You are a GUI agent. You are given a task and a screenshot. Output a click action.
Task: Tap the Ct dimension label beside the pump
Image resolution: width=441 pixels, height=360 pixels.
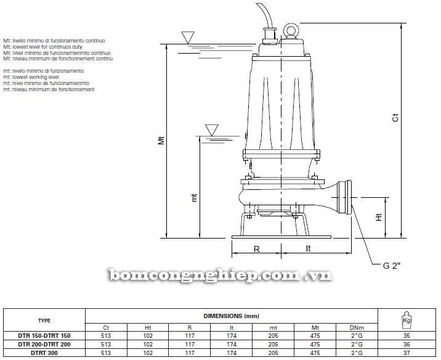395,117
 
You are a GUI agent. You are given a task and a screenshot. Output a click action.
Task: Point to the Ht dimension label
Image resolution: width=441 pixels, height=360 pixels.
379,217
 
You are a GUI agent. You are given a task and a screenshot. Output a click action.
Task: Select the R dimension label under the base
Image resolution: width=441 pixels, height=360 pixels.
256,249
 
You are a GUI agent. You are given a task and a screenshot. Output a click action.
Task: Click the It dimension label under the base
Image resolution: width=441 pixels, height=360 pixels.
308,248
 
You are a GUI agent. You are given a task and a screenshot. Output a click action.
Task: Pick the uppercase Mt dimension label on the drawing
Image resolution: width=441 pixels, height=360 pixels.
161,140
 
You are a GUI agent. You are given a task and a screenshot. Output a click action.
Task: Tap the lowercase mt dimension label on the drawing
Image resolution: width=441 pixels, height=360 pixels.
194,198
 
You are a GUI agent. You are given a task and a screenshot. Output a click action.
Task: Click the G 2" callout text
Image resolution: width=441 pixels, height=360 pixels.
391,266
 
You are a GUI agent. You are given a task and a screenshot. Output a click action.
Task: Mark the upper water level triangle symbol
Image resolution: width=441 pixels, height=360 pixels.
188,38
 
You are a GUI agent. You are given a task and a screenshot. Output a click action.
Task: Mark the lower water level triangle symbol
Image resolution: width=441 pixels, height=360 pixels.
212,130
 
